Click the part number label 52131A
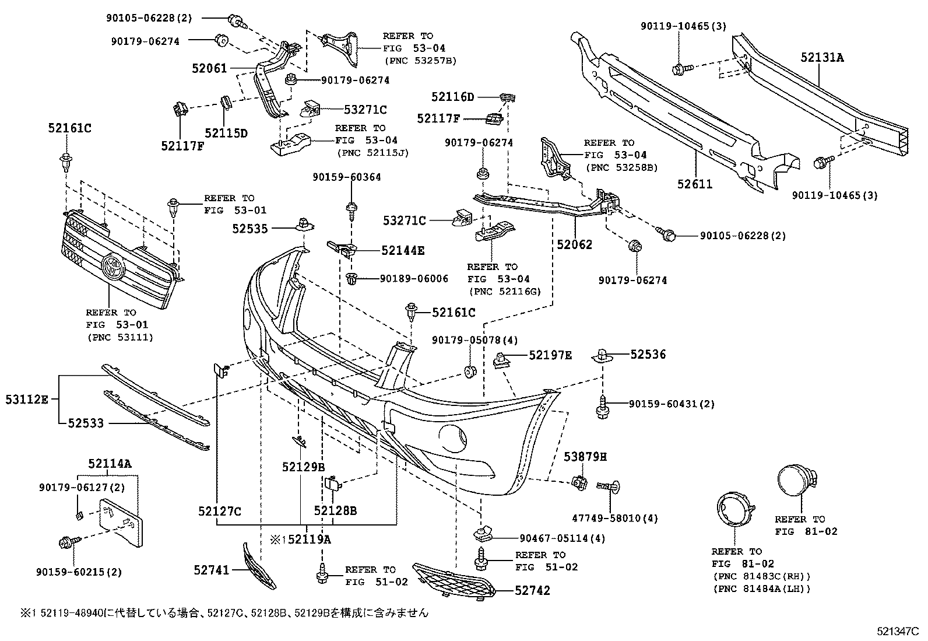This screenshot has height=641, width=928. click(x=822, y=57)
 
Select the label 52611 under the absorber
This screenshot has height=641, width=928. click(x=695, y=184)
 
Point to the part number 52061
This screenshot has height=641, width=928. click(x=209, y=68)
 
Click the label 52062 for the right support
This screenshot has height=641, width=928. click(x=574, y=245)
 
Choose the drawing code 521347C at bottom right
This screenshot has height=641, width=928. click(x=898, y=631)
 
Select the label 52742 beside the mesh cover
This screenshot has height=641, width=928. click(x=532, y=590)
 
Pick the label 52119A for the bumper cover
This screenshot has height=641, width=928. click(x=309, y=540)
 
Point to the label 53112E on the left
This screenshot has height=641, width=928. click(x=27, y=400)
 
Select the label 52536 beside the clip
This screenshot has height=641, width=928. click(x=648, y=354)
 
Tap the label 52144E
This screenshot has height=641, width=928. click(x=403, y=251)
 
